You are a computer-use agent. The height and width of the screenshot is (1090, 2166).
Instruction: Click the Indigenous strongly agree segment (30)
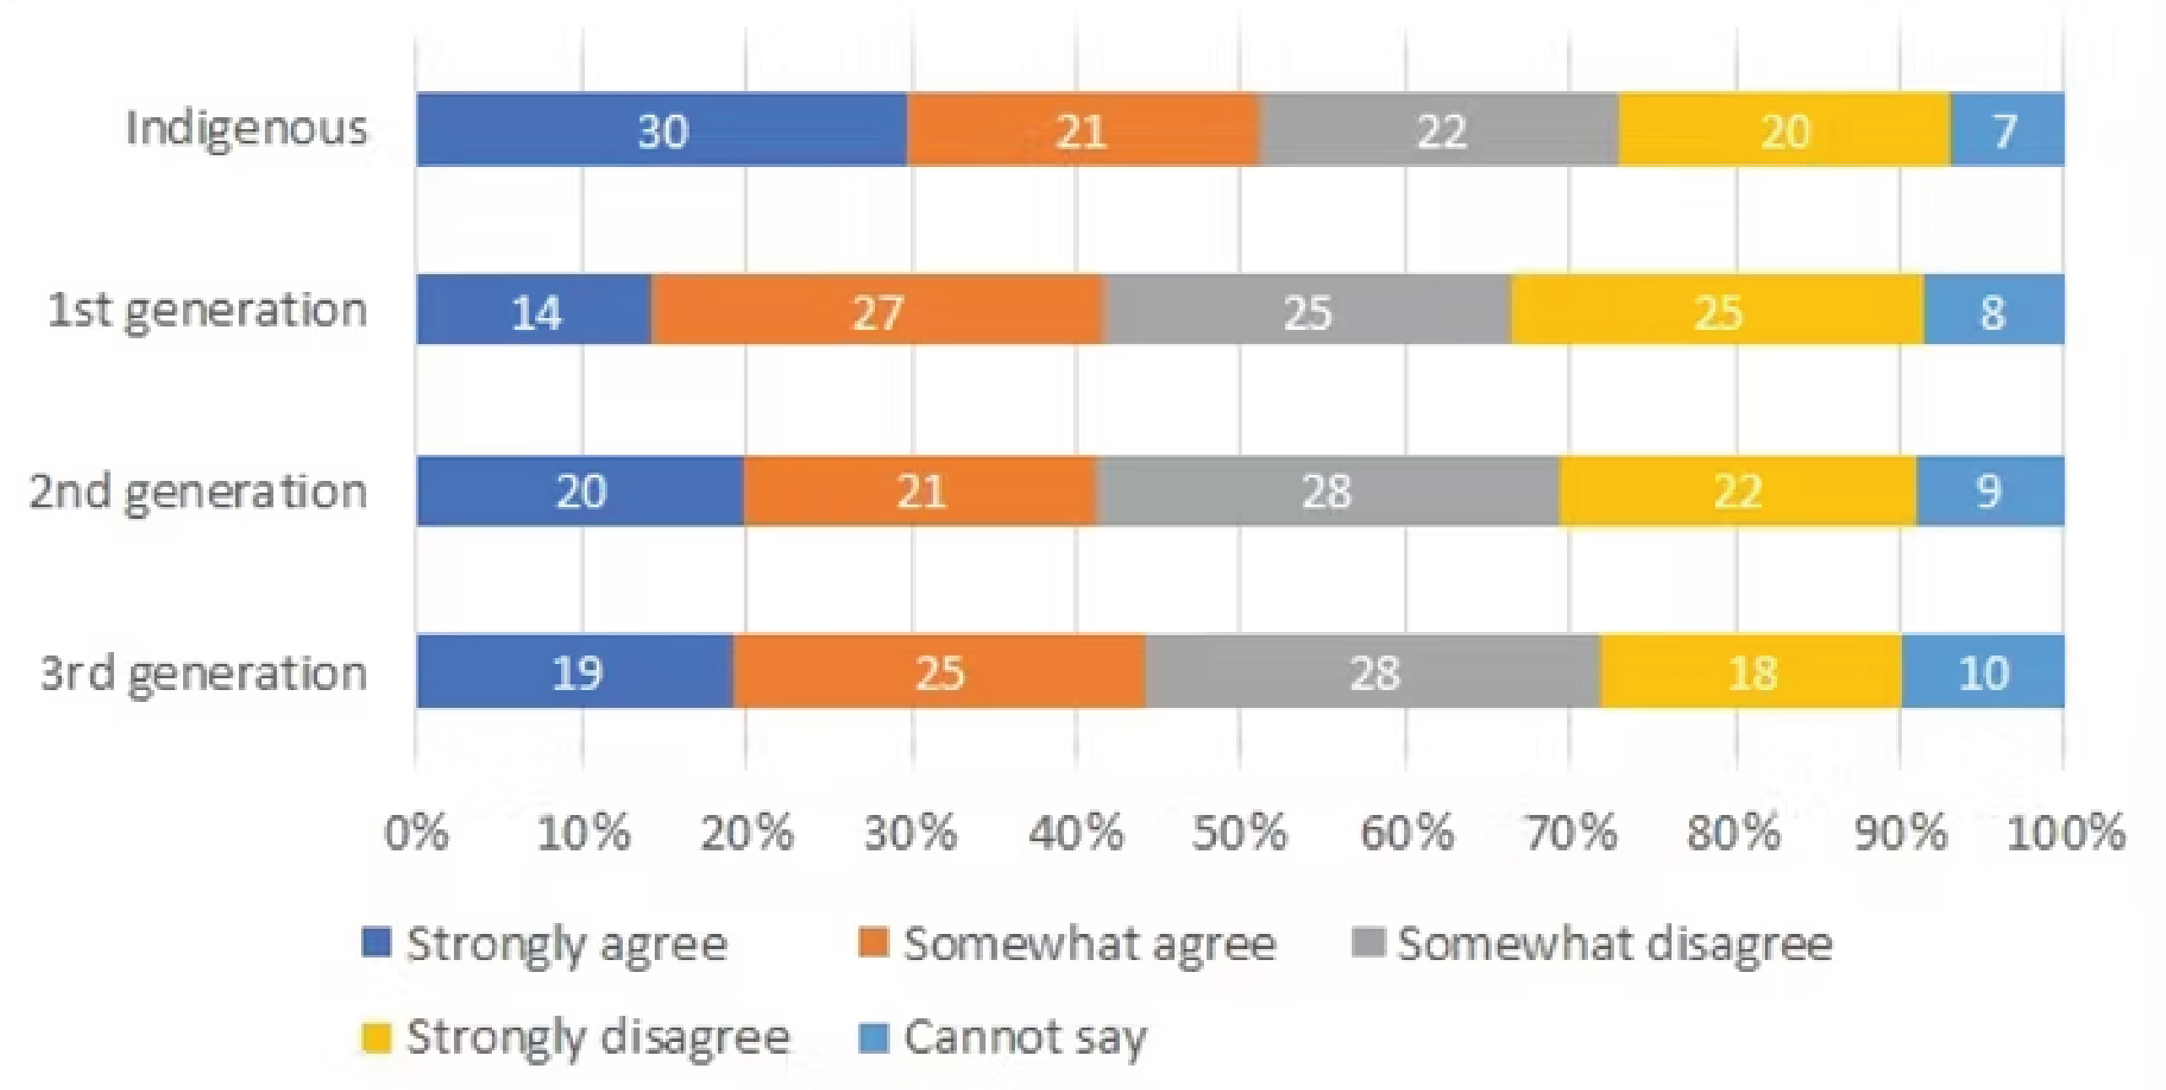662,129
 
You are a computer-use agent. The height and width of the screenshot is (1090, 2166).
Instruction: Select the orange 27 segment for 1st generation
878,310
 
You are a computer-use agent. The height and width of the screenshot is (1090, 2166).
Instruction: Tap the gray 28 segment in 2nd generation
1327,491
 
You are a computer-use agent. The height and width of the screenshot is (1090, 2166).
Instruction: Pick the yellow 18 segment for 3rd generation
1752,672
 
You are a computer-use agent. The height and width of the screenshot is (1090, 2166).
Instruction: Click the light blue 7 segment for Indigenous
2007,129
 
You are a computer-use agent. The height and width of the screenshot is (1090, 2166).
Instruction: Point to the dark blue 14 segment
534,310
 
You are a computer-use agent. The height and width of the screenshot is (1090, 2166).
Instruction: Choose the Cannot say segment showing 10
1983,672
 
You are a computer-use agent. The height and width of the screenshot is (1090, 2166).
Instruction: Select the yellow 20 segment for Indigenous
1784,129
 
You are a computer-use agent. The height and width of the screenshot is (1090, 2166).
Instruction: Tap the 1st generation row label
208,310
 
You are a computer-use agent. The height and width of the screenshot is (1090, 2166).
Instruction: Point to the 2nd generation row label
199,491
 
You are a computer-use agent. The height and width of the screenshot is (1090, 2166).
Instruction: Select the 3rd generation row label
204,672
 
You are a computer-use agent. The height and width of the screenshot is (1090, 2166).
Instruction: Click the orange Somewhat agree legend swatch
873,943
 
